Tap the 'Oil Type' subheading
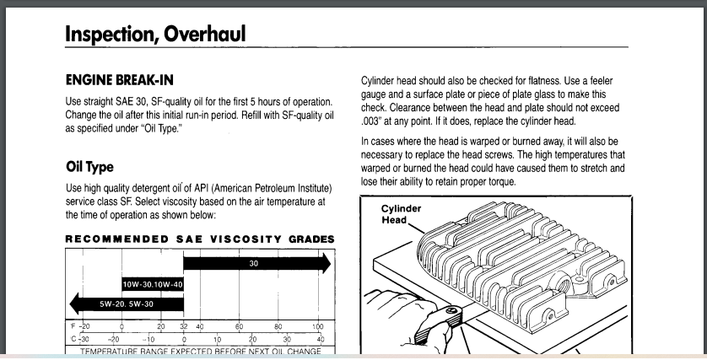tap(89, 167)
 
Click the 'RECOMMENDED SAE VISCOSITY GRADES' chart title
tap(200, 239)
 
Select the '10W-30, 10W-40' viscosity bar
tap(153, 284)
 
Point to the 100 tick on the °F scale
tap(317, 326)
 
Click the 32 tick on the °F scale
tap(184, 326)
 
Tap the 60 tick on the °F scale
tap(239, 326)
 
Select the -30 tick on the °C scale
tap(82, 338)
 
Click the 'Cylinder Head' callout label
tap(402, 215)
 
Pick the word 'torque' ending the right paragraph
tap(497, 182)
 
